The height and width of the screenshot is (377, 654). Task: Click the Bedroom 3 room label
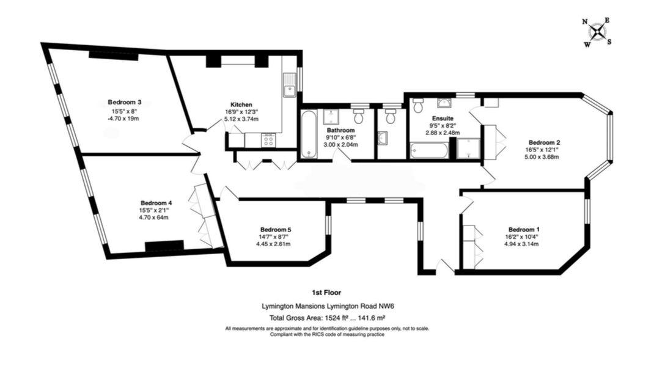pos(124,102)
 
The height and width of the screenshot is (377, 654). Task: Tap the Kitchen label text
pos(241,104)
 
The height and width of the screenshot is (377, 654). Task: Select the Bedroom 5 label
pos(276,230)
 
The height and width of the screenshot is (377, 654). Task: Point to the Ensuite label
pos(443,119)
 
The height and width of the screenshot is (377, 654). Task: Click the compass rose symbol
pos(598,32)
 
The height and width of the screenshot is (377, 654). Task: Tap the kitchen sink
pos(289,85)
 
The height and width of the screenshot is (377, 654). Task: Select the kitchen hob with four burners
pos(268,141)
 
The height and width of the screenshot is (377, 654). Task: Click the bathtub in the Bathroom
pos(309,134)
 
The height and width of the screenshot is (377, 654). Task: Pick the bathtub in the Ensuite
pos(429,150)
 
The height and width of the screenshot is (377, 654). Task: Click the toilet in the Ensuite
pos(417,105)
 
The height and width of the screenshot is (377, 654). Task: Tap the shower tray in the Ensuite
pos(468,149)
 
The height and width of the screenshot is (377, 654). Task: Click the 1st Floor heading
pos(326,292)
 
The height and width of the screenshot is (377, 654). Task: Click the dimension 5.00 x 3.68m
pos(542,157)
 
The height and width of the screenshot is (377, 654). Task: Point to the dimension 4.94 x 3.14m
pos(521,244)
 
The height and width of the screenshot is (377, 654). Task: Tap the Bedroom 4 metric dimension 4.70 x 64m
pos(154,218)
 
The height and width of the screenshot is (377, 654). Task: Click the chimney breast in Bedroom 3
pos(113,56)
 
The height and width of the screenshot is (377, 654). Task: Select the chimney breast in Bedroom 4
pos(164,246)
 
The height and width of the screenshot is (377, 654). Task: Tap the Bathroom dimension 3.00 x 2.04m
pos(341,145)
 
